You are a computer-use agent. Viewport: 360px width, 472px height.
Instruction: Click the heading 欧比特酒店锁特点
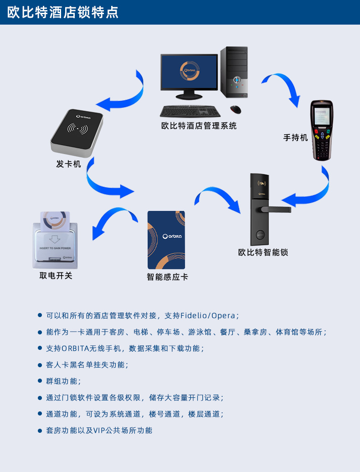click(63, 12)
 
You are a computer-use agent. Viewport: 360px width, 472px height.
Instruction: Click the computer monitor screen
click(189, 72)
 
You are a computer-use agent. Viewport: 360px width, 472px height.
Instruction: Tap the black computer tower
click(234, 72)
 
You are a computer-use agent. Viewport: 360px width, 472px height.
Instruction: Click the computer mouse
click(236, 110)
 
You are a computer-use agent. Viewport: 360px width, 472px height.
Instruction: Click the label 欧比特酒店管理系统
click(199, 126)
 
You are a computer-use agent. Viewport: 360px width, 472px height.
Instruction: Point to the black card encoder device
click(77, 132)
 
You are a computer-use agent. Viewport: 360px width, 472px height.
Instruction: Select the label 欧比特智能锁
click(263, 252)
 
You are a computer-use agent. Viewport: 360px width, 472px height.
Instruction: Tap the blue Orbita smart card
click(166, 240)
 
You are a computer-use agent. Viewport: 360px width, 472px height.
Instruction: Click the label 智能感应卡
click(167, 277)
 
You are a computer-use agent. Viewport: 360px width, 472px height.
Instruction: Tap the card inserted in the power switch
click(55, 221)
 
